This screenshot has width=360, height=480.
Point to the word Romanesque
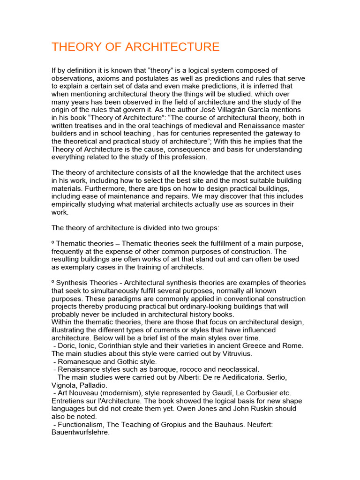tap(78, 361)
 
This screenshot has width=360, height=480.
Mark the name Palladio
tap(91, 385)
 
